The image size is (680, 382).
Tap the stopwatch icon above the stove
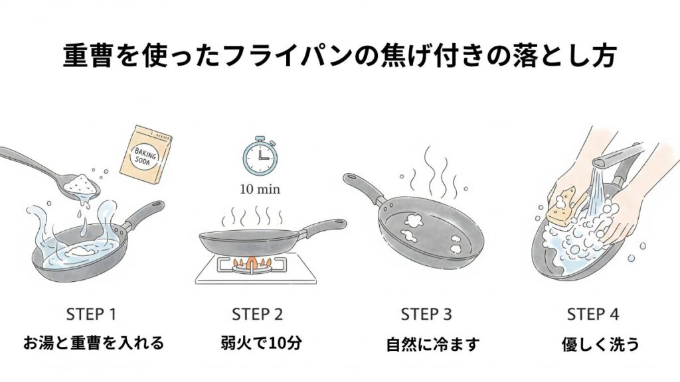[x=260, y=154]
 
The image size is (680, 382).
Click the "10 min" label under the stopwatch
[x=260, y=189]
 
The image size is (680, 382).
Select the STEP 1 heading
[x=92, y=314]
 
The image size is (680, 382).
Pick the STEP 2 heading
[x=258, y=314]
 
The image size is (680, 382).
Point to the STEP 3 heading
[x=426, y=314]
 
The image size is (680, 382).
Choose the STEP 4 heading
[x=593, y=314]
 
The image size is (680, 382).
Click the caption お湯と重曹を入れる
[x=94, y=343]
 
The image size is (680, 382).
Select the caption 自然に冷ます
[x=433, y=345]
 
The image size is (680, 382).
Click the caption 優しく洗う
[x=600, y=345]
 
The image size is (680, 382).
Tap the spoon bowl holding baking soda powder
[x=82, y=186]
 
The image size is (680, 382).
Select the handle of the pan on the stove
[x=323, y=227]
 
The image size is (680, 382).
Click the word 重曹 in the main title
[x=88, y=56]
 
